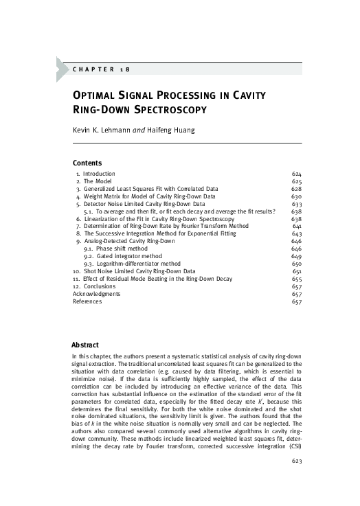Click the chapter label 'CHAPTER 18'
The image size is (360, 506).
click(x=100, y=69)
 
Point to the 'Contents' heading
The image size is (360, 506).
click(x=87, y=163)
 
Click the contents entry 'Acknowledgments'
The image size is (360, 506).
click(x=98, y=294)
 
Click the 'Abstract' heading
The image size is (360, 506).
click(x=86, y=345)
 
